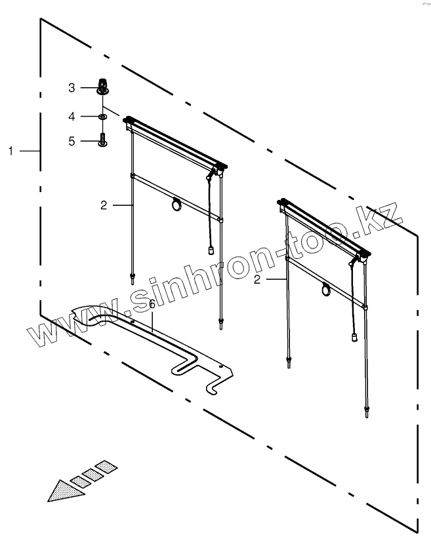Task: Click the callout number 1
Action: (x=11, y=151)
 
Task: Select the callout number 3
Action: (x=73, y=87)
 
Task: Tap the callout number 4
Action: (x=73, y=116)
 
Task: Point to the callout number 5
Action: (x=73, y=140)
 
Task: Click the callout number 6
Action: (x=152, y=304)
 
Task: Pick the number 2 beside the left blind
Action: (x=104, y=205)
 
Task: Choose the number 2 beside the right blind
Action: (x=257, y=279)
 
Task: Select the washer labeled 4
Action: (x=103, y=116)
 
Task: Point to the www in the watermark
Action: (x=70, y=328)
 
